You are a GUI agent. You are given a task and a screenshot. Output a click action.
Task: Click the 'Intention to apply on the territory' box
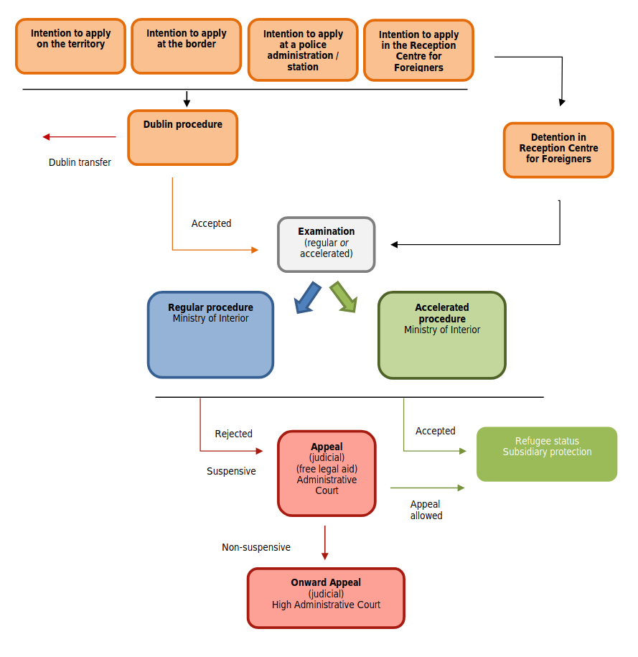[70, 46]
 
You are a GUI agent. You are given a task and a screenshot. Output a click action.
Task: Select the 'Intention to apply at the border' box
[186, 46]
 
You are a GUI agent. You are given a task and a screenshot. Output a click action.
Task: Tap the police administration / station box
[303, 50]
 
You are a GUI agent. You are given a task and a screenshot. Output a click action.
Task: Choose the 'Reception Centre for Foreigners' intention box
[418, 50]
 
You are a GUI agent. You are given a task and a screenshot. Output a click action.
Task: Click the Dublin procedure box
[182, 137]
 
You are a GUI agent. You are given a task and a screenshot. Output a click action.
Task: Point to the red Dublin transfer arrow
[79, 136]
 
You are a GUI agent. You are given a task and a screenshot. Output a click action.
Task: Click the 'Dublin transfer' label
[80, 162]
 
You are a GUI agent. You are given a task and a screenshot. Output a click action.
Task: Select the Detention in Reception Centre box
[558, 149]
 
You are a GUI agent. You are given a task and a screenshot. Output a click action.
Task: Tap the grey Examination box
[326, 244]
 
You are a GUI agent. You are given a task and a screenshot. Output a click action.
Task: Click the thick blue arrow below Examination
[308, 297]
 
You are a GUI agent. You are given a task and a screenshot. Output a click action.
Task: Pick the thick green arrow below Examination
[343, 297]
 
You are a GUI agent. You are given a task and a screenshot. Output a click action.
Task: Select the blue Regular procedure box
[210, 334]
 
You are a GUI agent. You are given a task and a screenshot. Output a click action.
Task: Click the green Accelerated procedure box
[441, 335]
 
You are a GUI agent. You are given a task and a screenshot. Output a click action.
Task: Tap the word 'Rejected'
[233, 434]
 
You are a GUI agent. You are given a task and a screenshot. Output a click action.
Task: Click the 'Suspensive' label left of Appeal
[231, 472]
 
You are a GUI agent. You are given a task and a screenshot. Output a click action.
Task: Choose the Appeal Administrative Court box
[327, 472]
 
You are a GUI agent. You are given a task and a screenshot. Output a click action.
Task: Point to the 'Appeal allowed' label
[426, 510]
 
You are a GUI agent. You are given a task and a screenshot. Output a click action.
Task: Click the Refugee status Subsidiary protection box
[547, 454]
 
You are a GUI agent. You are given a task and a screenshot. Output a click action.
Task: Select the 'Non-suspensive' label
[255, 547]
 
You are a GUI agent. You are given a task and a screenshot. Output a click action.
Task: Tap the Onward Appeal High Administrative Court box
[326, 597]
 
